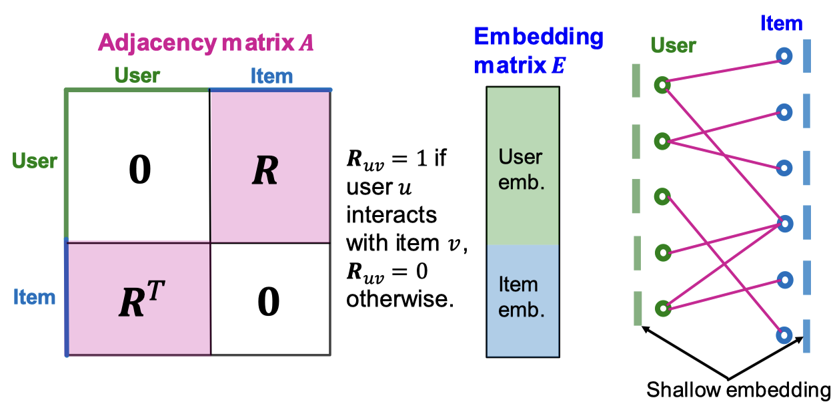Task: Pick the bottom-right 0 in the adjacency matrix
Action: click(x=268, y=301)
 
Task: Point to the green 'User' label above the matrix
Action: click(x=137, y=75)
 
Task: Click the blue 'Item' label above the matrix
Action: click(x=271, y=75)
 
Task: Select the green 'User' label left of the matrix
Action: click(x=35, y=160)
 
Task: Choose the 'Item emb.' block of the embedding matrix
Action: click(x=522, y=298)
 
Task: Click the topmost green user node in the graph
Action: click(x=662, y=85)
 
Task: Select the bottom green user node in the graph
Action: click(x=662, y=309)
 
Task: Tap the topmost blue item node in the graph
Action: click(x=784, y=57)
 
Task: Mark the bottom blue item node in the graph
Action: click(x=784, y=334)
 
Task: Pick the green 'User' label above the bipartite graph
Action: click(x=674, y=45)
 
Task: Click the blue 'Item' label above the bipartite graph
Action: click(x=781, y=24)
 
